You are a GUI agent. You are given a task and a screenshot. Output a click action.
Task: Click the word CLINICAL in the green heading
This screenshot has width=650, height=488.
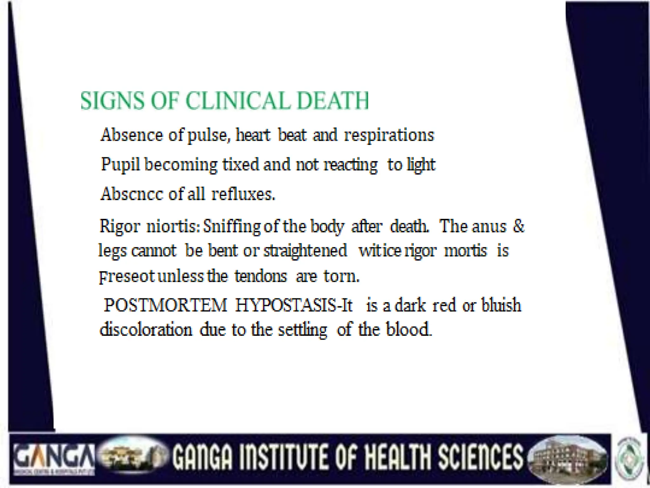tap(237, 101)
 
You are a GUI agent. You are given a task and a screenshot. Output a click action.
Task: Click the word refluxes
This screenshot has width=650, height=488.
tap(243, 194)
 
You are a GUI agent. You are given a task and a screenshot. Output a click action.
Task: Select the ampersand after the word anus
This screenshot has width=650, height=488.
tap(519, 226)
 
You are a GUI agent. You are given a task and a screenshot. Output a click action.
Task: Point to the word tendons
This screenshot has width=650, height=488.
tap(261, 276)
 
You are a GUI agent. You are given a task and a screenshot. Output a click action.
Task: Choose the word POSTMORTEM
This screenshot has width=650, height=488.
tap(165, 305)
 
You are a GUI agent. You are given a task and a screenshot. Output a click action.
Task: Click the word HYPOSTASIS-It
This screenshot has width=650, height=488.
tap(294, 305)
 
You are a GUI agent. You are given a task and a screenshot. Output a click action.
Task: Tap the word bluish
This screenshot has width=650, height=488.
tap(501, 305)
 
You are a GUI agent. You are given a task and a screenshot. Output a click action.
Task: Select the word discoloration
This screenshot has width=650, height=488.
tap(146, 330)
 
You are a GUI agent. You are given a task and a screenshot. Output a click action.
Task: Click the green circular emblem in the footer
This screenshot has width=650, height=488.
tap(630, 457)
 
